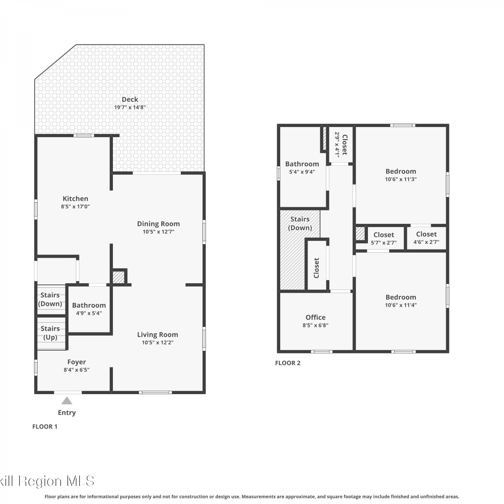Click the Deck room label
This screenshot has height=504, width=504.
coord(130,99)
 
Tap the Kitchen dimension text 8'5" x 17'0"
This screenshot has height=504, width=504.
coord(75,207)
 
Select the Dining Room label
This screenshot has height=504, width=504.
coord(158,224)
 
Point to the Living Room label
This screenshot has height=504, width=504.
coord(158,335)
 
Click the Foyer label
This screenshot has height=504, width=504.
coord(77,362)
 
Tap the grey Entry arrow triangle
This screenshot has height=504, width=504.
coord(67,401)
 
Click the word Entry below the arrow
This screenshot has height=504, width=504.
coord(67,413)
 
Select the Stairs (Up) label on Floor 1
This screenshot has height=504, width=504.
coord(50,333)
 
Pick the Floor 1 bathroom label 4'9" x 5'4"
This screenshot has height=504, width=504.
coord(89,313)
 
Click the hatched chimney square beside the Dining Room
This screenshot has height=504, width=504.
coord(118,277)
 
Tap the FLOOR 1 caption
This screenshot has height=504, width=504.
coord(45,427)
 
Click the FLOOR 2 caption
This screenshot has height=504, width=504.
coord(288,363)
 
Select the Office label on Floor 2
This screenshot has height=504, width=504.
coord(316,317)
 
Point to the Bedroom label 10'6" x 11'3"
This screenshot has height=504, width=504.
coord(401,171)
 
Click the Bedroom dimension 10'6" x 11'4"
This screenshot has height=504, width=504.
coord(401,305)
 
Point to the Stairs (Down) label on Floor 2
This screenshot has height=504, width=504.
coord(300,223)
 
